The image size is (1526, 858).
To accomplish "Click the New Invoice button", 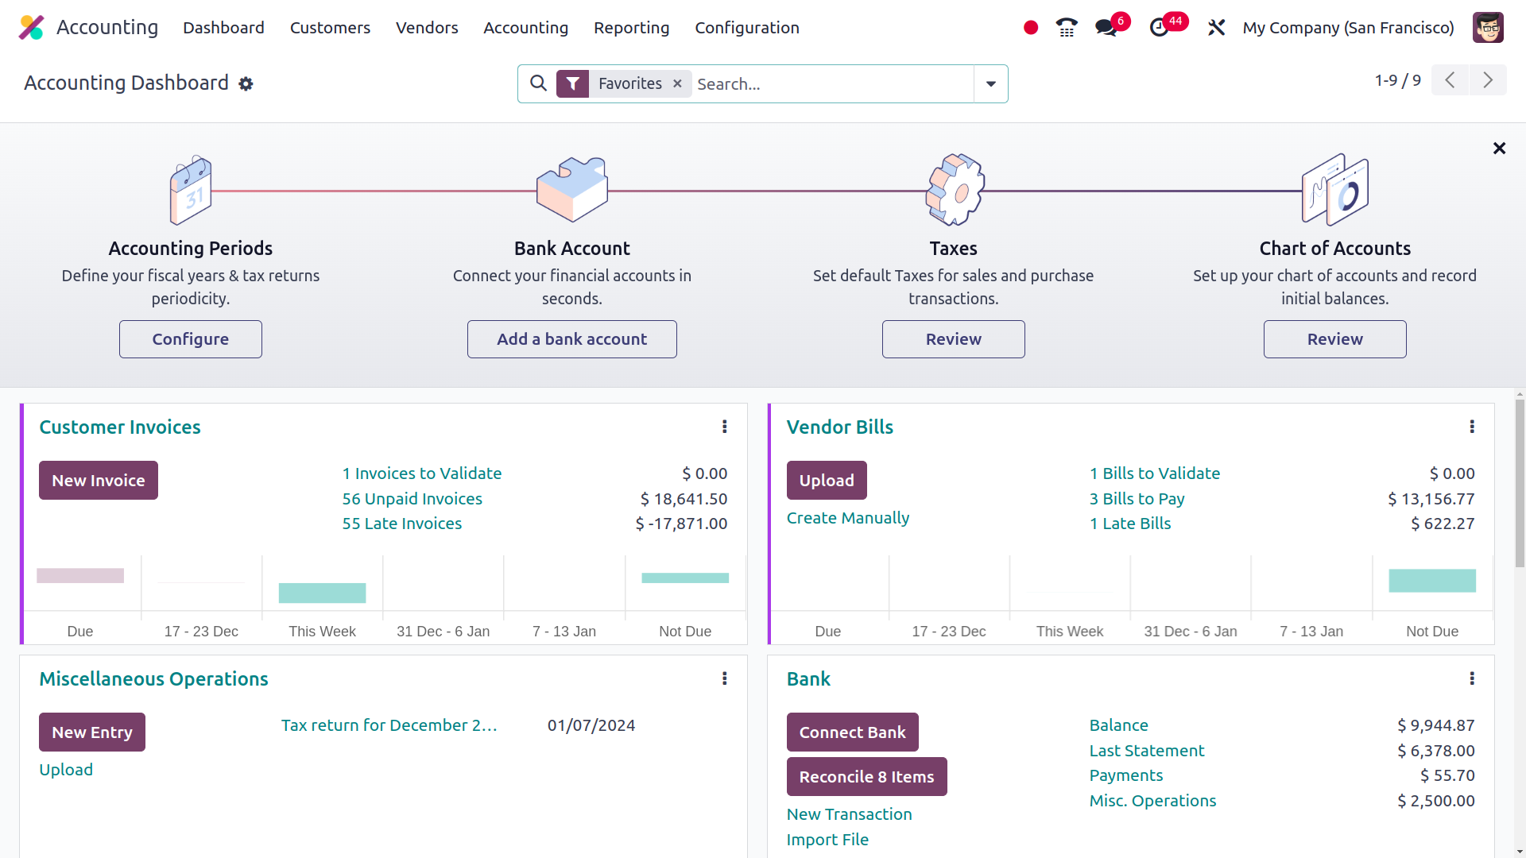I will (x=99, y=481).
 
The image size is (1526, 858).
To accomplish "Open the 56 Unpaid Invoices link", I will (x=412, y=499).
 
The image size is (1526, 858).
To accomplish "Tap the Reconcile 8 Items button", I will (x=866, y=777).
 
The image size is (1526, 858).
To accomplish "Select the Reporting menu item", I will (x=631, y=28).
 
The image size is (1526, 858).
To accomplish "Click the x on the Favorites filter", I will (x=677, y=83).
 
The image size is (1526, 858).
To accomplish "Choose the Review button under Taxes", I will (x=953, y=339).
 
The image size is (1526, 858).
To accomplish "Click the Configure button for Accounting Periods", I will (x=191, y=339).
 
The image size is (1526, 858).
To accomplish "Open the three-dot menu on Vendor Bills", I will (x=1472, y=427).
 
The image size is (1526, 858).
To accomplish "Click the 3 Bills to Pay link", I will (x=1137, y=499).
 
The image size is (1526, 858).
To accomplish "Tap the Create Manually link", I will (x=847, y=518).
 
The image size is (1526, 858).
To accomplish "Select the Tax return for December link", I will (x=389, y=725).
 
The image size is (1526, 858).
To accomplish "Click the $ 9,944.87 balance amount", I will (x=1435, y=725).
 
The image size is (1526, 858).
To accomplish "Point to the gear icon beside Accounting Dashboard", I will (x=246, y=84).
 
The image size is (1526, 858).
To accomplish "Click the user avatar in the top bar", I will (x=1487, y=28).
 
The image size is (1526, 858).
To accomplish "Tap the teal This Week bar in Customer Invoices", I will (x=322, y=593).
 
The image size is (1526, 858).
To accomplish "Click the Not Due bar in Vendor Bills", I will (x=1431, y=581).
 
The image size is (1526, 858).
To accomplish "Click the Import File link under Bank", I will (x=827, y=840).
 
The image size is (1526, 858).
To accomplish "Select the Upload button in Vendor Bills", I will (x=827, y=481).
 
